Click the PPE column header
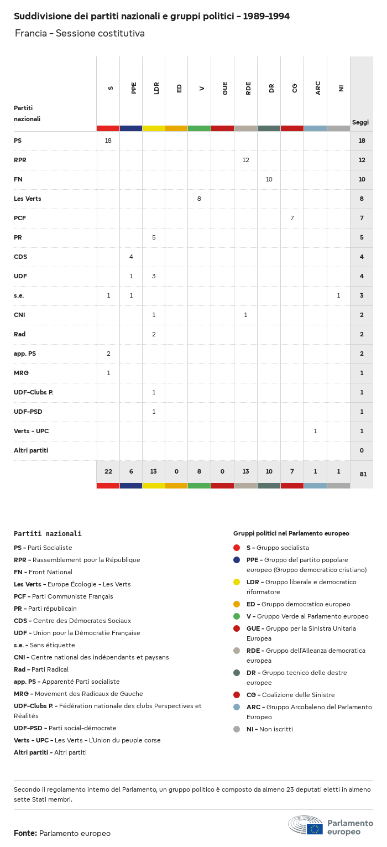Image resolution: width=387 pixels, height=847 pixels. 134,88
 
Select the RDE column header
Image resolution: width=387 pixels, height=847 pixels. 248,88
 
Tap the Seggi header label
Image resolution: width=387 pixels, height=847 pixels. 360,122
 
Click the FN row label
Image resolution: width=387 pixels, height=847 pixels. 18,179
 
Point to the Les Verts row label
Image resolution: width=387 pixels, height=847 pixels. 28,199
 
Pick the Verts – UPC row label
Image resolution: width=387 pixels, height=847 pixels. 32,431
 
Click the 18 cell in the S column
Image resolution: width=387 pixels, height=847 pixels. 108,141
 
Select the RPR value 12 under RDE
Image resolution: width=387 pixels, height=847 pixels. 245,160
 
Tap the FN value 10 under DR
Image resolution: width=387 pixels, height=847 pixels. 269,179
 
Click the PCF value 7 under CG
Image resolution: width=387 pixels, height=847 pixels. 292,218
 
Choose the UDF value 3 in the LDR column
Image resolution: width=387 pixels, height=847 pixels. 154,276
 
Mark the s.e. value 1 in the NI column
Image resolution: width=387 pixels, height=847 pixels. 338,295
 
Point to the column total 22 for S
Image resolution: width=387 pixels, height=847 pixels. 108,471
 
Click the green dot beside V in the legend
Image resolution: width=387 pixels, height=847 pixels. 237,616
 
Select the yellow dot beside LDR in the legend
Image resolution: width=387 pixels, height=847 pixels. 237,582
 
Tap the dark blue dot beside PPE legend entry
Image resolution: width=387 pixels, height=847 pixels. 237,560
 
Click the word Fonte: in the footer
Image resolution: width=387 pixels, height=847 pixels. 25,833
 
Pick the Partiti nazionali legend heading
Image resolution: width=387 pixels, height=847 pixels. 48,534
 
